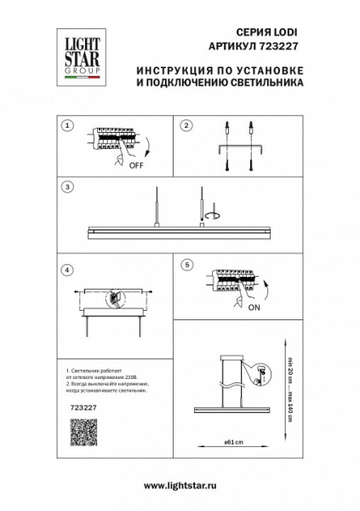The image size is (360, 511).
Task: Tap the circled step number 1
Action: pos(66,125)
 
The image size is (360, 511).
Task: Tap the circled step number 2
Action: pos(186,125)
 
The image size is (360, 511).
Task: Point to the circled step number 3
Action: pos(66,186)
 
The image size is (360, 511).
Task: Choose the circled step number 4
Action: pos(66,270)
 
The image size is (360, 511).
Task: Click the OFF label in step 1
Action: pos(136,167)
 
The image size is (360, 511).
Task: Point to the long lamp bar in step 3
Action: pos(179,231)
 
